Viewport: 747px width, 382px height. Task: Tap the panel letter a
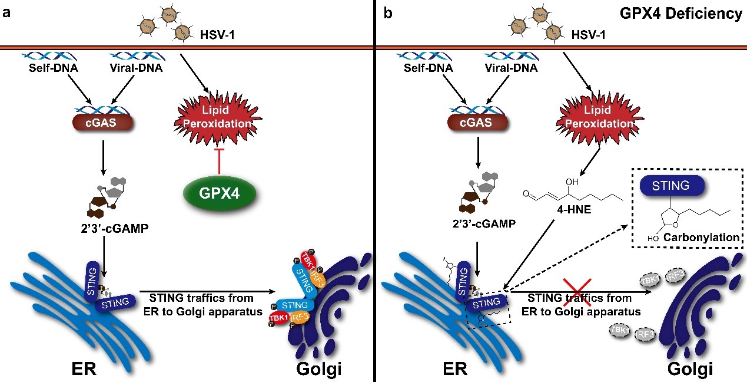(7, 12)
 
